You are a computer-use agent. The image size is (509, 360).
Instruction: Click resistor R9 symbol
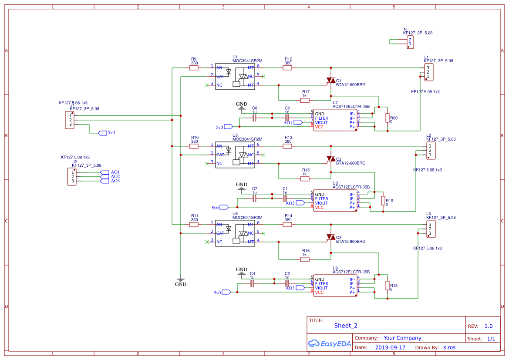point(194,68)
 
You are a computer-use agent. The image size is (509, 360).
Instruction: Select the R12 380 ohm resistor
point(287,68)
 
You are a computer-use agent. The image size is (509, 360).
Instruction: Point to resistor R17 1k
point(305,101)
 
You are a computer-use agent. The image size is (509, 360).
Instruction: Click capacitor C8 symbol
point(255,118)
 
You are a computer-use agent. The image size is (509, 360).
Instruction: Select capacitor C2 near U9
point(287,283)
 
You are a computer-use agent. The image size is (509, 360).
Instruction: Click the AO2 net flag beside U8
point(301,203)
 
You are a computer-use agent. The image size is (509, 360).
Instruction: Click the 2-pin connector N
point(410,42)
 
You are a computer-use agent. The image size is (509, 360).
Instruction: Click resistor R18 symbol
point(388,286)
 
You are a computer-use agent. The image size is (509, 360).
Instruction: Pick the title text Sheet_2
point(346,326)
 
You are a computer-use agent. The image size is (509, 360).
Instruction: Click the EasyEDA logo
point(329,343)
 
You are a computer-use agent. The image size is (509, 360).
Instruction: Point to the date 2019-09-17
point(390,347)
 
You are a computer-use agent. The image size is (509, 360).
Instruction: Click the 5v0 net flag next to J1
point(103,133)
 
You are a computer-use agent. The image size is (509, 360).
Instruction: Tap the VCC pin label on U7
point(320,127)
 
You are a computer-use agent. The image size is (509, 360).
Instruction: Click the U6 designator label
point(235,214)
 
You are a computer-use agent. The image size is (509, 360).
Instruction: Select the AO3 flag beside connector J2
point(104,181)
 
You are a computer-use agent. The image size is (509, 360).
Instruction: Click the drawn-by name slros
point(449,347)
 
